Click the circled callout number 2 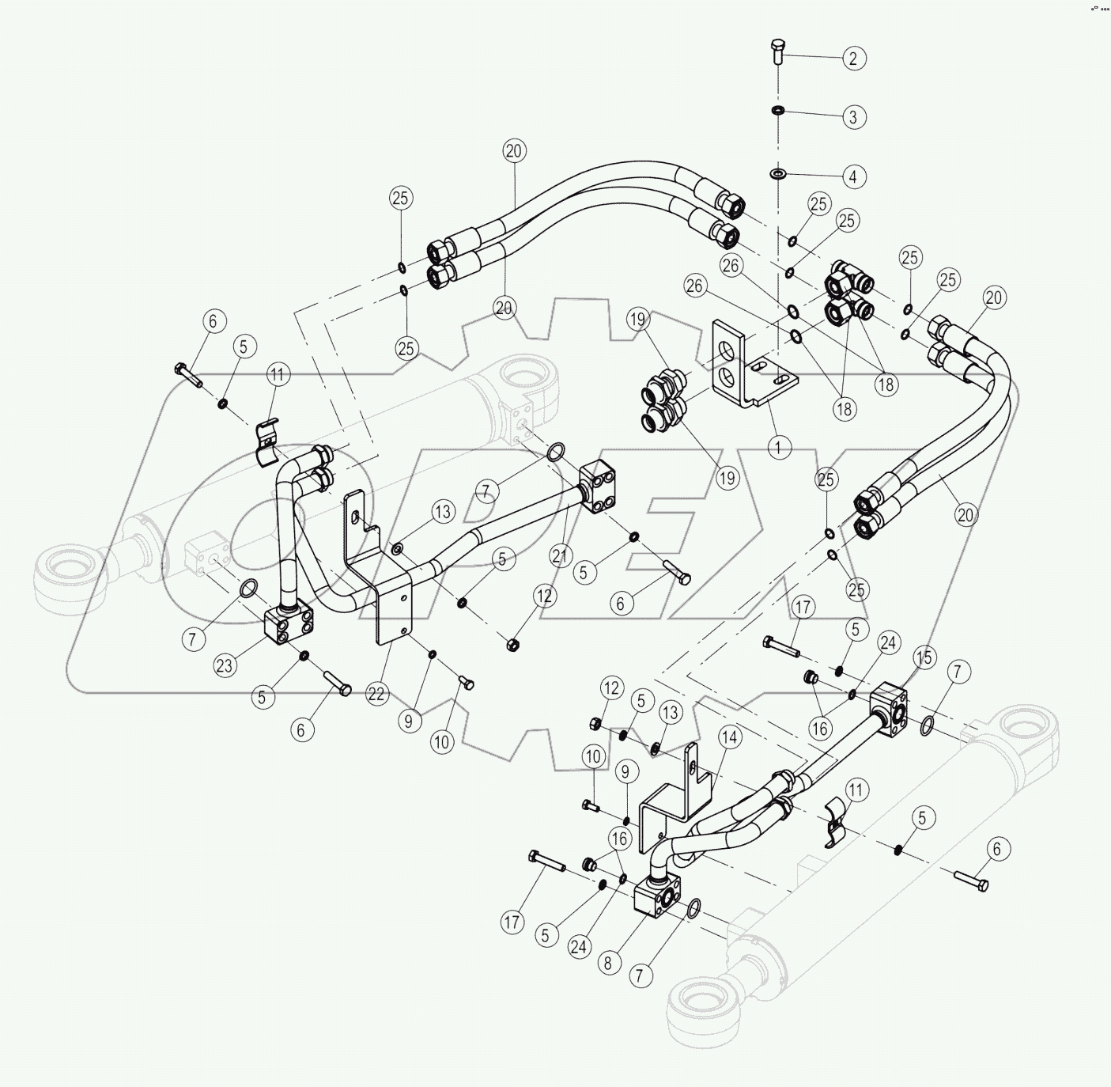pyautogui.click(x=852, y=58)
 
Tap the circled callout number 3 pyautogui.click(x=852, y=117)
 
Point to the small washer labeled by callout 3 pyautogui.click(x=778, y=110)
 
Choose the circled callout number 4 pyautogui.click(x=852, y=176)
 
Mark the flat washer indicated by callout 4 pyautogui.click(x=778, y=172)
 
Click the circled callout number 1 pyautogui.click(x=779, y=448)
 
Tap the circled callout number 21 pyautogui.click(x=560, y=555)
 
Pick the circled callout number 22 pyautogui.click(x=376, y=694)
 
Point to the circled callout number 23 pyautogui.click(x=225, y=665)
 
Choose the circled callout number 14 pyautogui.click(x=729, y=737)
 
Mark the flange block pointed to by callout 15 pyautogui.click(x=889, y=706)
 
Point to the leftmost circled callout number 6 pyautogui.click(x=212, y=321)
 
